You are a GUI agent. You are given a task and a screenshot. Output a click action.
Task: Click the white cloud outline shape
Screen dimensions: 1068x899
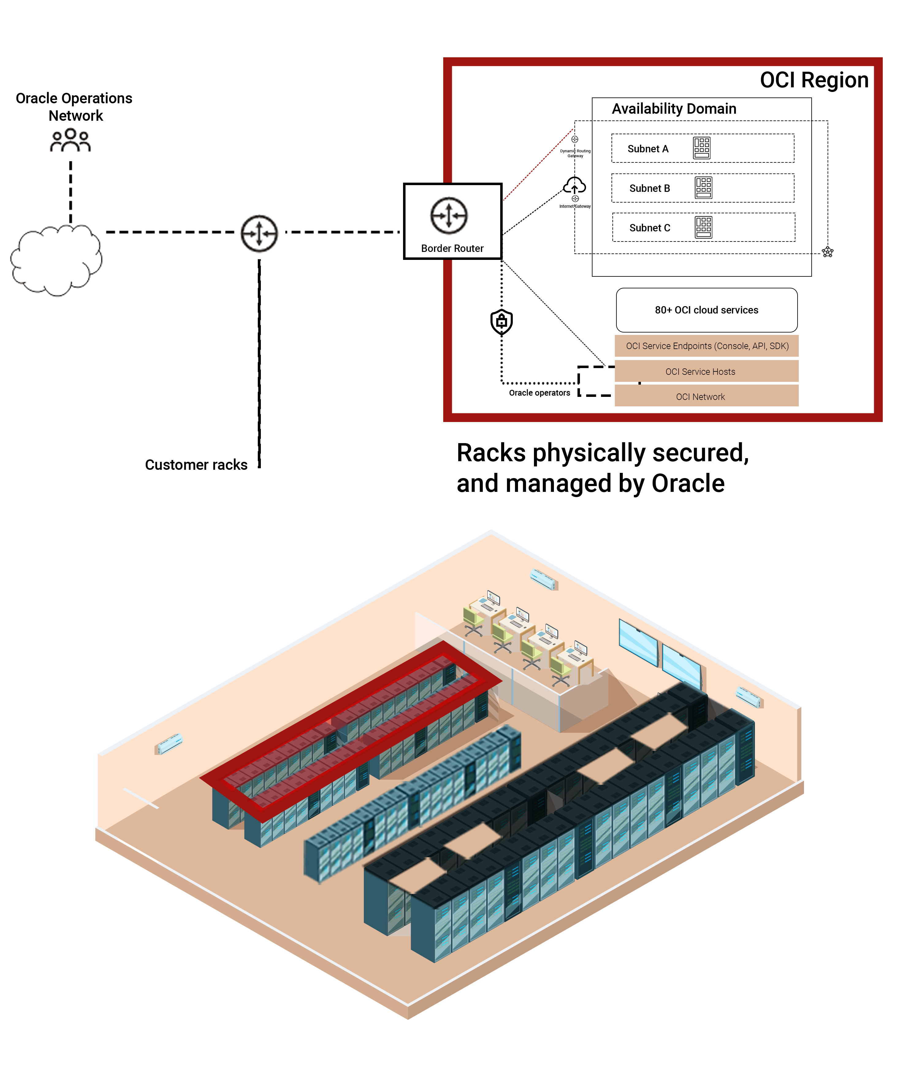pyautogui.click(x=56, y=260)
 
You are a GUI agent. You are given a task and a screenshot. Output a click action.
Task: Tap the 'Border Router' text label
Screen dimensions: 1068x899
pyautogui.click(x=452, y=249)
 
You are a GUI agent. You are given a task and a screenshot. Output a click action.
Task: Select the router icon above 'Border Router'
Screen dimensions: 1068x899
pyautogui.click(x=448, y=215)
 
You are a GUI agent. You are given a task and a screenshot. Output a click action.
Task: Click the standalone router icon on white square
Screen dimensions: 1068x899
pyautogui.click(x=259, y=234)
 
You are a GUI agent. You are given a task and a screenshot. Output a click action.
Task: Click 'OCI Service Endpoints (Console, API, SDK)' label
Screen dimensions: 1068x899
pyautogui.click(x=707, y=346)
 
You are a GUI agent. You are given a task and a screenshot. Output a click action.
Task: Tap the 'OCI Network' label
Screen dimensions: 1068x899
pyautogui.click(x=700, y=397)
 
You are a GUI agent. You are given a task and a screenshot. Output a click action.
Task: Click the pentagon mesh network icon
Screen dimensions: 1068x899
pyautogui.click(x=827, y=252)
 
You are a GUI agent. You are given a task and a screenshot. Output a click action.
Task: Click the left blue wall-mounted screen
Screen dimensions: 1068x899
pyautogui.click(x=638, y=641)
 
